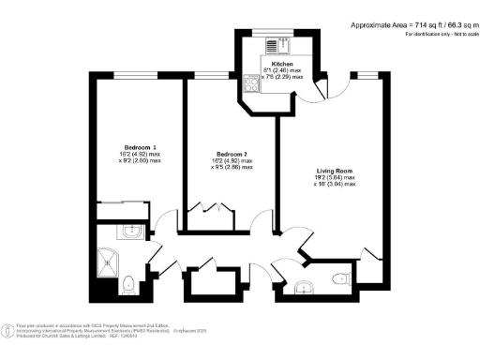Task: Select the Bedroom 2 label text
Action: (x=232, y=154)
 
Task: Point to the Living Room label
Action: (x=335, y=171)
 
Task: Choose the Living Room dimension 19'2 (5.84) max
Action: (x=335, y=177)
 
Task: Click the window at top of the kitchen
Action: (x=273, y=30)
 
